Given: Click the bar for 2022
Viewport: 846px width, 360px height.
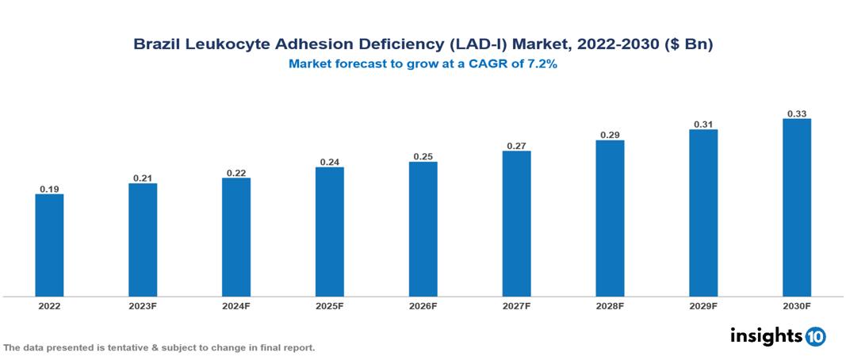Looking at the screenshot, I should click(49, 245).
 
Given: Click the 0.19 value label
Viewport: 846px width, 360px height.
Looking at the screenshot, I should click(49, 189).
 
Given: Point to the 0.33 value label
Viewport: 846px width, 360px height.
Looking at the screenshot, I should click(797, 113).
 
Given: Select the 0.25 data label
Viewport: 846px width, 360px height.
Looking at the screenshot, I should click(423, 156).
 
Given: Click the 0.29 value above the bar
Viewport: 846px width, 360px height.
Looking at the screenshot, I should click(610, 135).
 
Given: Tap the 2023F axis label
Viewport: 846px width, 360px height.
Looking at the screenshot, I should click(143, 305).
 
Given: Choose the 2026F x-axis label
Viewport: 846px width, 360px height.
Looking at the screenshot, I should click(423, 305).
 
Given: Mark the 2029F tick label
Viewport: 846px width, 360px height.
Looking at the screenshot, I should click(703, 305).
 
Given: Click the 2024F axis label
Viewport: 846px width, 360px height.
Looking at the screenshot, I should click(236, 305).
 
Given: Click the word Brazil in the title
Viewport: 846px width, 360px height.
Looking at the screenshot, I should click(155, 45).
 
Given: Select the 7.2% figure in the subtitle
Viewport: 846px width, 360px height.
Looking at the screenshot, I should click(542, 64).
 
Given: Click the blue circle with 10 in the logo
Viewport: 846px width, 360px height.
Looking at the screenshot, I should click(815, 336).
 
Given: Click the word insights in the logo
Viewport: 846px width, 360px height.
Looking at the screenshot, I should click(766, 335).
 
